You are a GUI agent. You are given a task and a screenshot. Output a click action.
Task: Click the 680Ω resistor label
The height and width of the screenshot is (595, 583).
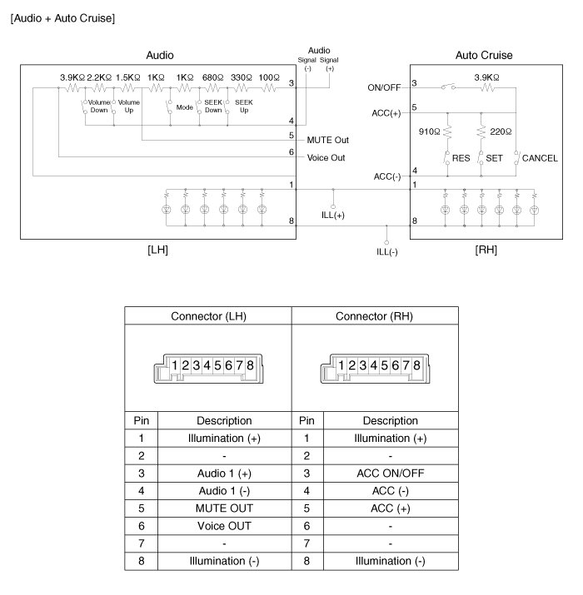tap(213, 77)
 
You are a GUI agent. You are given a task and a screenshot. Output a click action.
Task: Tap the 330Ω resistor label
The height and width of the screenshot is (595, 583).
tap(241, 77)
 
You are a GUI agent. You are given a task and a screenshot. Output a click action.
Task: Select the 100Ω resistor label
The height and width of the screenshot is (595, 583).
tap(268, 77)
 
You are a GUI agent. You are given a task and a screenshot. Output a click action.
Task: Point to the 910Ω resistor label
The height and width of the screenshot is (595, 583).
tap(429, 131)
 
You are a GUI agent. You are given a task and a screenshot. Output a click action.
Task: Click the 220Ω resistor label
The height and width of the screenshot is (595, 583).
tap(501, 131)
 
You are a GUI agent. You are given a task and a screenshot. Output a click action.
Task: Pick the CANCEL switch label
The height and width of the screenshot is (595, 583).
tap(540, 157)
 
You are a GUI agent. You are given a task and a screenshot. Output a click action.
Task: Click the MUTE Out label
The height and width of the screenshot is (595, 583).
tap(327, 139)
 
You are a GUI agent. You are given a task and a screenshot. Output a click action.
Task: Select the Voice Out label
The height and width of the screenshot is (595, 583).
tap(326, 157)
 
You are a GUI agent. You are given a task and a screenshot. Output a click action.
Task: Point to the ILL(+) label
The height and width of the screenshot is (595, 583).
tap(334, 215)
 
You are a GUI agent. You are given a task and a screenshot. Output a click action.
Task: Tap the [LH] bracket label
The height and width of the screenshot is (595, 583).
tap(157, 250)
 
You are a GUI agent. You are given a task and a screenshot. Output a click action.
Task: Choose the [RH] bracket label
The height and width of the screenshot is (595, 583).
tap(485, 250)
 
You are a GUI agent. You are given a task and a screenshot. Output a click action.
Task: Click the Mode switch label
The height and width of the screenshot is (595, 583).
tap(185, 107)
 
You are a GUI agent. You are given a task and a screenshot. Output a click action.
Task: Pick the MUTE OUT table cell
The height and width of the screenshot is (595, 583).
tap(224, 508)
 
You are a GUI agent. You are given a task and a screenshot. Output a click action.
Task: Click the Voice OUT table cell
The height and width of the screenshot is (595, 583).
tap(224, 525)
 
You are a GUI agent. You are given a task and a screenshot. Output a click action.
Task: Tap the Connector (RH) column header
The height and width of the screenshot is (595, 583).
tap(376, 316)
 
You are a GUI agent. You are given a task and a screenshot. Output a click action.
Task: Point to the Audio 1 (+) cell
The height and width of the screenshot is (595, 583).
tap(224, 473)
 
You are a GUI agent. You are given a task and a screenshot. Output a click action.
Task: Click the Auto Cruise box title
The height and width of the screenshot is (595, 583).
tap(484, 56)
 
